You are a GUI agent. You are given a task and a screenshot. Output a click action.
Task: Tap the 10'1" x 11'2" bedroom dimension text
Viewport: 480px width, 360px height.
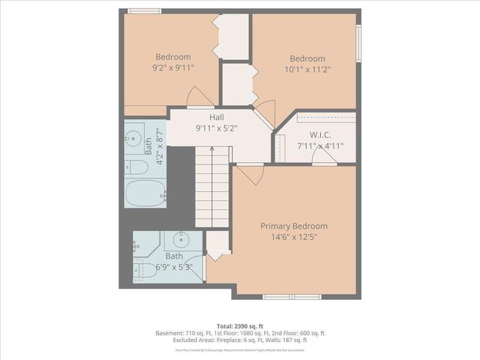point(307,70)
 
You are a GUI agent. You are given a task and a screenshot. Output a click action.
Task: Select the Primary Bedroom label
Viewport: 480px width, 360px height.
point(294,226)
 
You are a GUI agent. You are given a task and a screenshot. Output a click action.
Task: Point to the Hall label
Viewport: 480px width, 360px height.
point(216,117)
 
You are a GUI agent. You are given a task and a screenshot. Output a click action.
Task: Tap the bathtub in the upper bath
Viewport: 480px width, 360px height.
point(145,193)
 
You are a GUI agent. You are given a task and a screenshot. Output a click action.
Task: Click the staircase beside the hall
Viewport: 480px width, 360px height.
point(211,187)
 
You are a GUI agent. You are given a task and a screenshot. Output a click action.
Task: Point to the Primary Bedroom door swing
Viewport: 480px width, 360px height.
point(251,174)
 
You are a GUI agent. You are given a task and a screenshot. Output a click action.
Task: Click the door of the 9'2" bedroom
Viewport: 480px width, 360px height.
point(201,98)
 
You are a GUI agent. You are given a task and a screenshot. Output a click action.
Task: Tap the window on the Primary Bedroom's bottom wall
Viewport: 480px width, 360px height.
point(292,297)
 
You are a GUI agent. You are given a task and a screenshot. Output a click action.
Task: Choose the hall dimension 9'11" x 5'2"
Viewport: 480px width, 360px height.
point(216,127)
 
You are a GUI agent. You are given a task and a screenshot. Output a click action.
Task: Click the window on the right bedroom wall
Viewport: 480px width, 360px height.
point(358,46)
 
